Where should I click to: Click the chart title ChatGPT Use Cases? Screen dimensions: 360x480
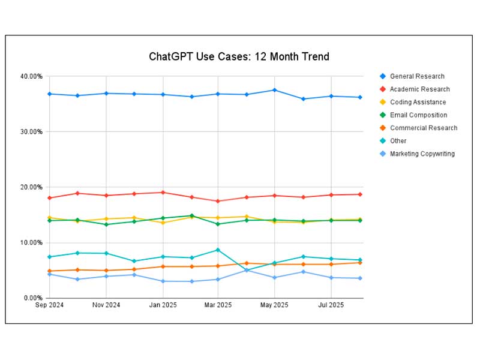(239, 57)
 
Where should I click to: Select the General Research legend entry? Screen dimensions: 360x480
(417, 76)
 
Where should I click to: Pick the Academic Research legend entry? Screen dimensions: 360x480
(419, 89)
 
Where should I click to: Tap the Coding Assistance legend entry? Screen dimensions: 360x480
(418, 102)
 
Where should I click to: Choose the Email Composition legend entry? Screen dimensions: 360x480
(418, 115)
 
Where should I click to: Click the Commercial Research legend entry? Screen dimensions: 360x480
(423, 128)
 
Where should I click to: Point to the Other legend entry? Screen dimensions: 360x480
(398, 141)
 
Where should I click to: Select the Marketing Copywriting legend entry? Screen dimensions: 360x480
(422, 154)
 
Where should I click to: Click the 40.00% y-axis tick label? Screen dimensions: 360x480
(31, 76)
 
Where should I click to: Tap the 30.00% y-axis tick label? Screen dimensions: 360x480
(31, 131)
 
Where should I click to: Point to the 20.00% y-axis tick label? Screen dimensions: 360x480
(31, 187)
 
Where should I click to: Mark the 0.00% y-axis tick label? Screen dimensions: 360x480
(33, 298)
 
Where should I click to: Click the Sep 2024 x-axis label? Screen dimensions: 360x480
(49, 305)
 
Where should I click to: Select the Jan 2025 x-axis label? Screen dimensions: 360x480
(163, 305)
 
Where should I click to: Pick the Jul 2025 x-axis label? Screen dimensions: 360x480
(331, 305)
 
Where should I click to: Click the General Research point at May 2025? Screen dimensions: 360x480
(275, 90)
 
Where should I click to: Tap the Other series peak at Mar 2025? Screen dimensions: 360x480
(218, 250)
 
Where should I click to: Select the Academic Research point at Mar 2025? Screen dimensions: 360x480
(218, 201)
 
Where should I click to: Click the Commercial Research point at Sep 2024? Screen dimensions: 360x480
(49, 271)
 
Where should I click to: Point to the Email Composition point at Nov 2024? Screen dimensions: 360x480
(106, 224)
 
